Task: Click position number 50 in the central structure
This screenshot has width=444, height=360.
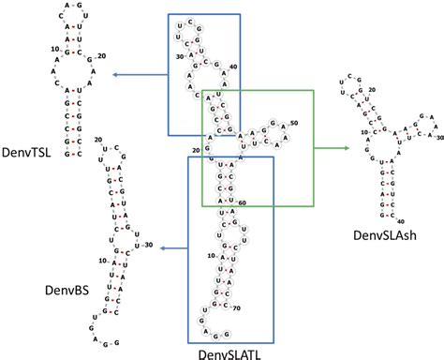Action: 293,123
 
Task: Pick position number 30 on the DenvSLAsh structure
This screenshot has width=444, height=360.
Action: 438,137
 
